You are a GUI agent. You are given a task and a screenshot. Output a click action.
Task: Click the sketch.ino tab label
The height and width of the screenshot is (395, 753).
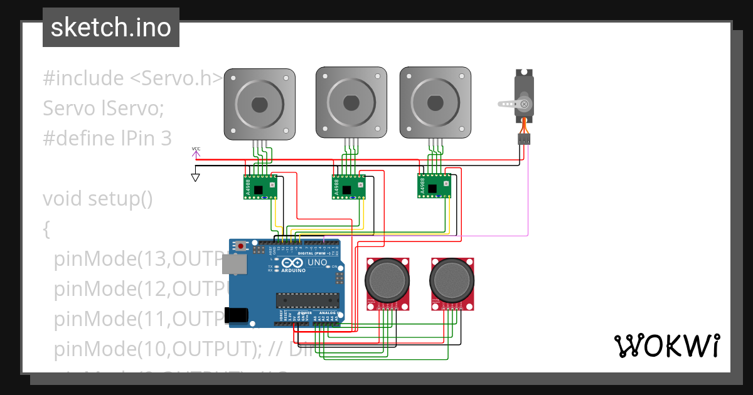click(111, 28)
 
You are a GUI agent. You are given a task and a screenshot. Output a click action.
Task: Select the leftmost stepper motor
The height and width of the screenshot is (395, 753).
click(260, 103)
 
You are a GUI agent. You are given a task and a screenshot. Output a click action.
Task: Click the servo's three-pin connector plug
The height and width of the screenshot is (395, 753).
click(524, 139)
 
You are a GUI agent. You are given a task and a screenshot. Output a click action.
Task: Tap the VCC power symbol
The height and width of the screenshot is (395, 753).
click(196, 151)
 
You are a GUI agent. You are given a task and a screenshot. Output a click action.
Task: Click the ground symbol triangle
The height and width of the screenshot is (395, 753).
click(196, 177)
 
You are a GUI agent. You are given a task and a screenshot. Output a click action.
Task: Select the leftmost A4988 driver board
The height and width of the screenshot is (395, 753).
click(260, 187)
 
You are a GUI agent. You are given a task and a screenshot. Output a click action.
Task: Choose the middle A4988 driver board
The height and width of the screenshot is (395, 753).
click(348, 187)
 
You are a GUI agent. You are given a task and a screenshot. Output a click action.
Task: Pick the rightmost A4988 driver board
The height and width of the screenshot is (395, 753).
click(434, 186)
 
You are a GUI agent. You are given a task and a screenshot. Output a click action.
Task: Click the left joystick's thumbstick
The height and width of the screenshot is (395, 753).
click(388, 279)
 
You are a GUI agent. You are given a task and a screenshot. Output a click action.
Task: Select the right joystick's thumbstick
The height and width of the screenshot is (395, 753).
click(452, 279)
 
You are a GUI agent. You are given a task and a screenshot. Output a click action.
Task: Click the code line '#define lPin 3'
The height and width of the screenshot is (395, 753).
click(107, 139)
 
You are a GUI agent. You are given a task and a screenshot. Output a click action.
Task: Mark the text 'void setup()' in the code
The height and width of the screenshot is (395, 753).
click(98, 199)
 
